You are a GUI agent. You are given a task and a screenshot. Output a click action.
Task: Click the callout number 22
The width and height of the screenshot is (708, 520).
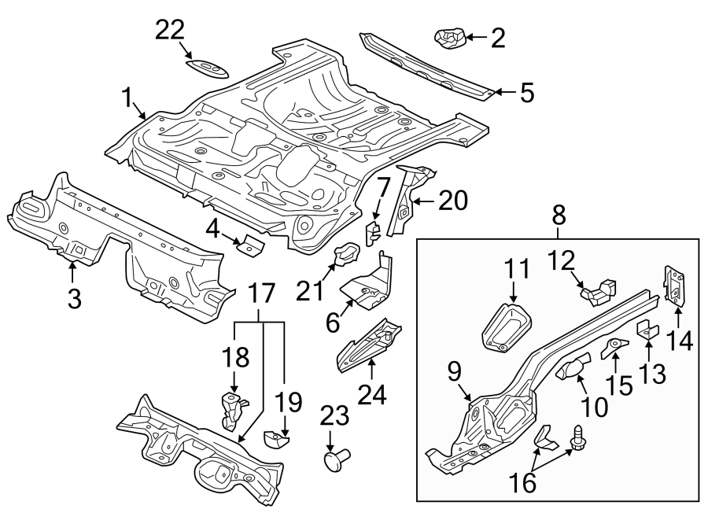point(169,30)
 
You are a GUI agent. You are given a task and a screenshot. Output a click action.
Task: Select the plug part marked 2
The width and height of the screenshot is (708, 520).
point(449,36)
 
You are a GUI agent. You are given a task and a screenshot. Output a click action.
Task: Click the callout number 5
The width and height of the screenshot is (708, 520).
point(525,94)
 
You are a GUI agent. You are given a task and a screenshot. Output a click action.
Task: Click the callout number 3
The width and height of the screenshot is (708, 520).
point(73,298)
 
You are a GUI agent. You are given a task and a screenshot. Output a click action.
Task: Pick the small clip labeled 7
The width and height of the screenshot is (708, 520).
point(374,230)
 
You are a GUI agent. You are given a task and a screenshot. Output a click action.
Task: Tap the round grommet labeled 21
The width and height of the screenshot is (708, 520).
point(346,255)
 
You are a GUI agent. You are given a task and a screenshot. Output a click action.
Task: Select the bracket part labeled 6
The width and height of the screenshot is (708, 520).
point(367,286)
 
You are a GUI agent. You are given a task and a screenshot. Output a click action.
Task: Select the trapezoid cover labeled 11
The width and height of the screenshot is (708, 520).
point(503,326)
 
